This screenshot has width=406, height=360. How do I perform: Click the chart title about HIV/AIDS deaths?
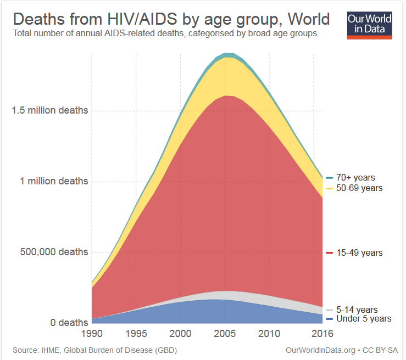point(171,19)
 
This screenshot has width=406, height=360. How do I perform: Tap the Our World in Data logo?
point(370,24)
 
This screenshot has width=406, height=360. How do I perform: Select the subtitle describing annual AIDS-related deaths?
point(166,34)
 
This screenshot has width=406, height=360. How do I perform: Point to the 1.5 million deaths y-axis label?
point(50,110)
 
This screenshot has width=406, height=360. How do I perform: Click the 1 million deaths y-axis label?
point(54,181)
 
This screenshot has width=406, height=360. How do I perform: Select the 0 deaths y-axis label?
point(69,322)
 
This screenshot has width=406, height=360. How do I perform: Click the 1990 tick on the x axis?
point(92,334)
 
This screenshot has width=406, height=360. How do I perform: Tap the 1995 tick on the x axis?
point(136,334)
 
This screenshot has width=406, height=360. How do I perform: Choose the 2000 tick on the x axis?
point(180,334)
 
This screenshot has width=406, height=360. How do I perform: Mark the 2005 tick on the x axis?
point(225,334)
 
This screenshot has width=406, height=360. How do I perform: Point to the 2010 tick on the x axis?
point(269,334)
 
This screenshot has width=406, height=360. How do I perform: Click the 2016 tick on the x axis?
point(322,334)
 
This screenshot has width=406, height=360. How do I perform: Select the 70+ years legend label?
point(355,178)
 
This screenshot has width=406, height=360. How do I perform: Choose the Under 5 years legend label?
point(363,318)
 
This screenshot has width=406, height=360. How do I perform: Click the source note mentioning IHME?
point(94,350)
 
